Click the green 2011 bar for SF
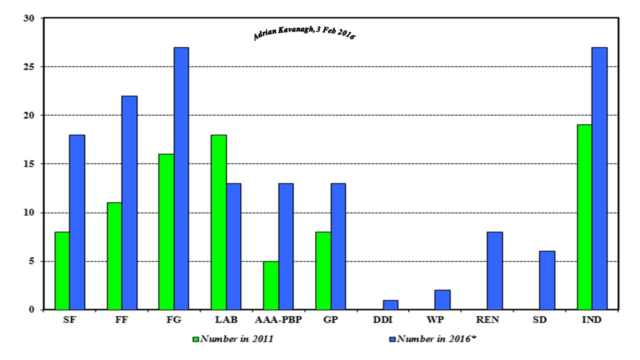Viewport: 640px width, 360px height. coord(62,270)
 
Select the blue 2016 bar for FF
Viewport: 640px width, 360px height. coord(129,202)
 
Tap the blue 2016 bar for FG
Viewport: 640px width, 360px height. coord(181,178)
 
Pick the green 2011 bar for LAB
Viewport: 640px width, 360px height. coord(218,222)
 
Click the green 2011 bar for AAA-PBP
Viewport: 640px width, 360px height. coord(271,285)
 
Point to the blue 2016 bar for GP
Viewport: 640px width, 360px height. coord(338,246)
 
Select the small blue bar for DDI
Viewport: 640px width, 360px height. coord(390,305)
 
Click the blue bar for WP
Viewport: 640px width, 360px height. coord(442,300)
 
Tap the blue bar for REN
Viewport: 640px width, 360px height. coord(495,270)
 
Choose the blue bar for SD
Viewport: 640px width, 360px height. coord(547,280)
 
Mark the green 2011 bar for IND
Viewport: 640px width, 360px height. coord(584,217)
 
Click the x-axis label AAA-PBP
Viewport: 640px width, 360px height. coord(278,320)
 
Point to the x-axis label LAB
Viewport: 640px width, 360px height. coord(226,320)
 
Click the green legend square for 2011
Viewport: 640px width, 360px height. coord(196,339)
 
